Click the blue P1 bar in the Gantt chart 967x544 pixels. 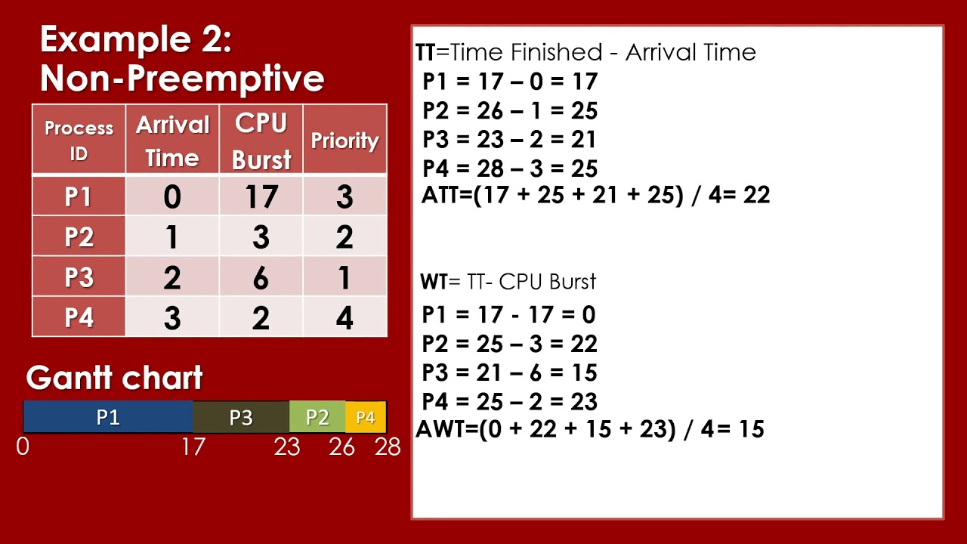tap(108, 417)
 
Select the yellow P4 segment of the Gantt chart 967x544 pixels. tap(366, 417)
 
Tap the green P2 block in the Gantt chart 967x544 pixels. tap(317, 417)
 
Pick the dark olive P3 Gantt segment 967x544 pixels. tap(241, 417)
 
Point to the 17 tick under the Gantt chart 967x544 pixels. tap(193, 447)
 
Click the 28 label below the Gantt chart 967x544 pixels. tap(388, 447)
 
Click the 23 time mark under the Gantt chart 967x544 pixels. tap(287, 447)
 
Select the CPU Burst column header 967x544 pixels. tap(261, 141)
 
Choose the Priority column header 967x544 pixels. tap(344, 141)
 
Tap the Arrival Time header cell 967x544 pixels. tap(172, 141)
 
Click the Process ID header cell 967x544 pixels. tap(79, 141)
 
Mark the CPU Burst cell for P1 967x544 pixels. tap(261, 196)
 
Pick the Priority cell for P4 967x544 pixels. tap(344, 317)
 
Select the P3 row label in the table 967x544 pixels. tap(79, 277)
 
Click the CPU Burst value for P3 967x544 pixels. tap(261, 277)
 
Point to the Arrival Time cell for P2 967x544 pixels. tap(172, 237)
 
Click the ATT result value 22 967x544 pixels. tap(756, 195)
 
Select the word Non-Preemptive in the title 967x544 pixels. tap(182, 78)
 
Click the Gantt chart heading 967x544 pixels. tap(114, 378)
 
